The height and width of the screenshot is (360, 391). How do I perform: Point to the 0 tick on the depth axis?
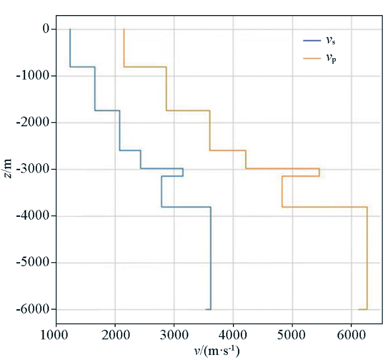tap(45, 29)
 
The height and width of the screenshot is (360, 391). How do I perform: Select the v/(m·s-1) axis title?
tap(218, 350)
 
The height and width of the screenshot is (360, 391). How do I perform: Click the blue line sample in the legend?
tap(311, 40)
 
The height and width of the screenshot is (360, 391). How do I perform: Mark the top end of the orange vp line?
tap(124, 29)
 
